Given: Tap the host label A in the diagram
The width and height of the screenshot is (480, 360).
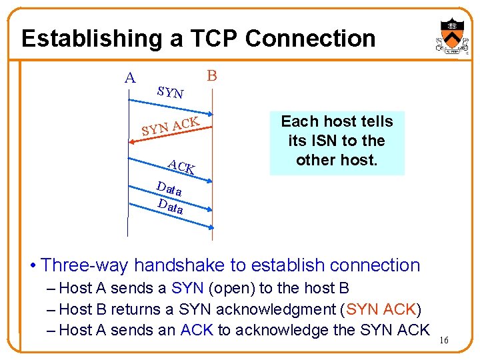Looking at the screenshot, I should [x=130, y=78].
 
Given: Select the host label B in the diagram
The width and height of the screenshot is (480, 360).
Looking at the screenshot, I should [x=212, y=75].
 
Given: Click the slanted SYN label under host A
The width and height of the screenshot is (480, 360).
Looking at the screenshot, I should [x=171, y=92].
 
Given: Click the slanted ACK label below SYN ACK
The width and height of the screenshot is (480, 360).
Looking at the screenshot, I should [x=181, y=167].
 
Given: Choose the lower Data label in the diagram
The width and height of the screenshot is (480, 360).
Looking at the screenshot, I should [x=171, y=205].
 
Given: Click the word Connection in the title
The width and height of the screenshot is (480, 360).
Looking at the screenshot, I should [x=311, y=38].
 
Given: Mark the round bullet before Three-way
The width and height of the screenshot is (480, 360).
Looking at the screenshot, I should [x=33, y=266].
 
